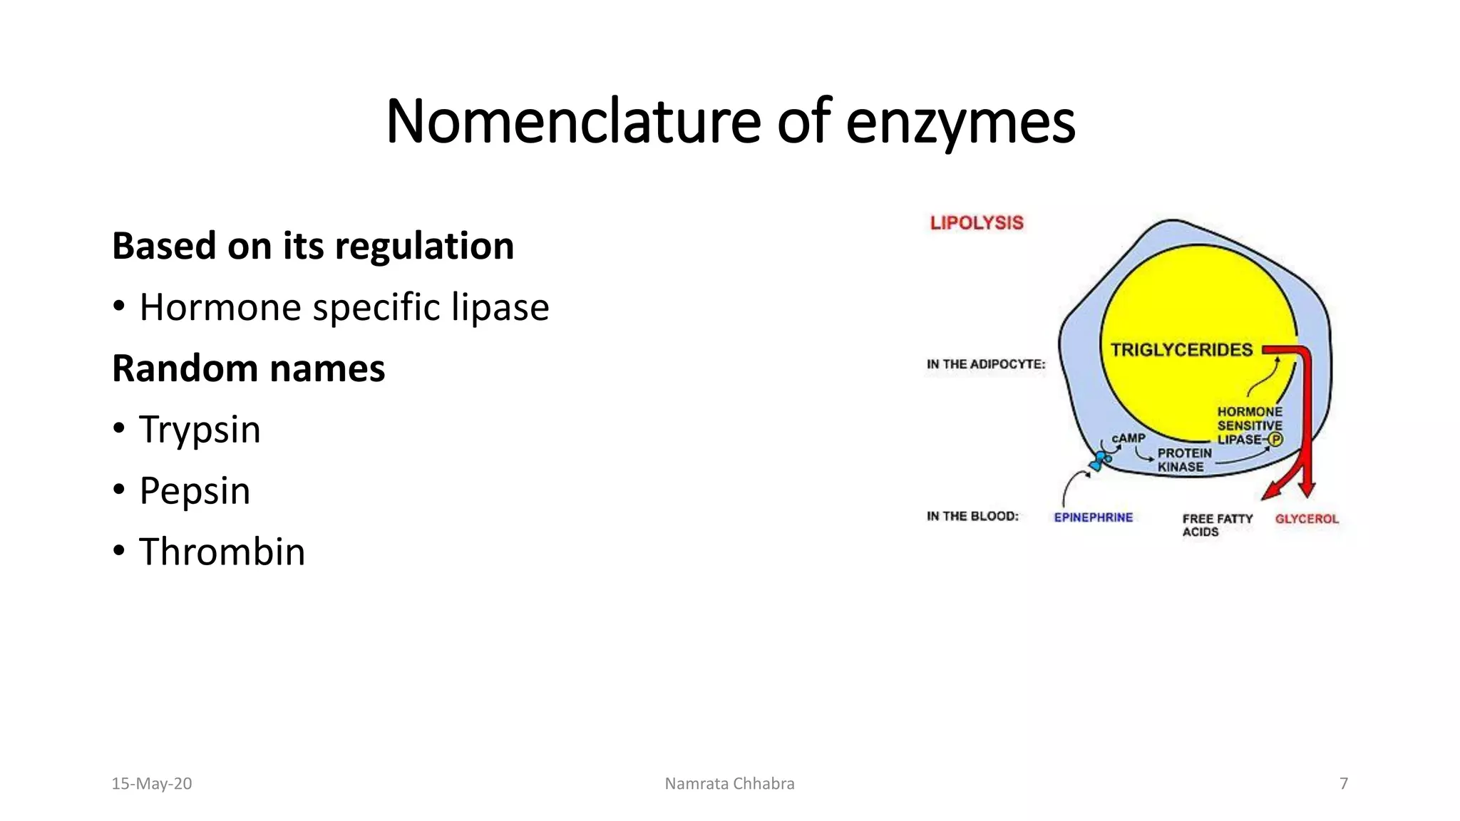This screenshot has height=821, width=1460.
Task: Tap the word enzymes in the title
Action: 960,123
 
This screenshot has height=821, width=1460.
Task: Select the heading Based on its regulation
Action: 313,246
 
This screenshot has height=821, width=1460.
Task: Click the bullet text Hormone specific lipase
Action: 344,307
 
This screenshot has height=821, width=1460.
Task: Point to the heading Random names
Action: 248,368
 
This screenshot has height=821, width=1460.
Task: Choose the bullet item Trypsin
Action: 200,430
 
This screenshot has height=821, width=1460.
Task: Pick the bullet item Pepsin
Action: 195,491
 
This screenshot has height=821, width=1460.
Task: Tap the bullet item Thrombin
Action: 222,552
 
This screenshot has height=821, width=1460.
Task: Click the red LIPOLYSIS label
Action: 977,223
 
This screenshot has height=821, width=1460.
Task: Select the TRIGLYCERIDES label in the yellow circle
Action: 1181,350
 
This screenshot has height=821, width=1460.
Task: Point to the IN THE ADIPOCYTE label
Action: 986,364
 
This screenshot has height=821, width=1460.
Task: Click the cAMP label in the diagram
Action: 1129,438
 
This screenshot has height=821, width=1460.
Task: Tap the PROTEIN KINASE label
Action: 1184,460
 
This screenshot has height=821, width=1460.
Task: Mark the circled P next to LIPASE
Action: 1276,440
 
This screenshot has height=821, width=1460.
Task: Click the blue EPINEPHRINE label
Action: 1093,517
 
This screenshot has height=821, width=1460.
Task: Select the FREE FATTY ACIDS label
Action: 1217,525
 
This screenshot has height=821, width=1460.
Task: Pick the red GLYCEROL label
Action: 1307,519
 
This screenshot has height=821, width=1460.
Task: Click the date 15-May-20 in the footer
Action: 152,784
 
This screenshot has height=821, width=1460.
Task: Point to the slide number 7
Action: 1344,784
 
